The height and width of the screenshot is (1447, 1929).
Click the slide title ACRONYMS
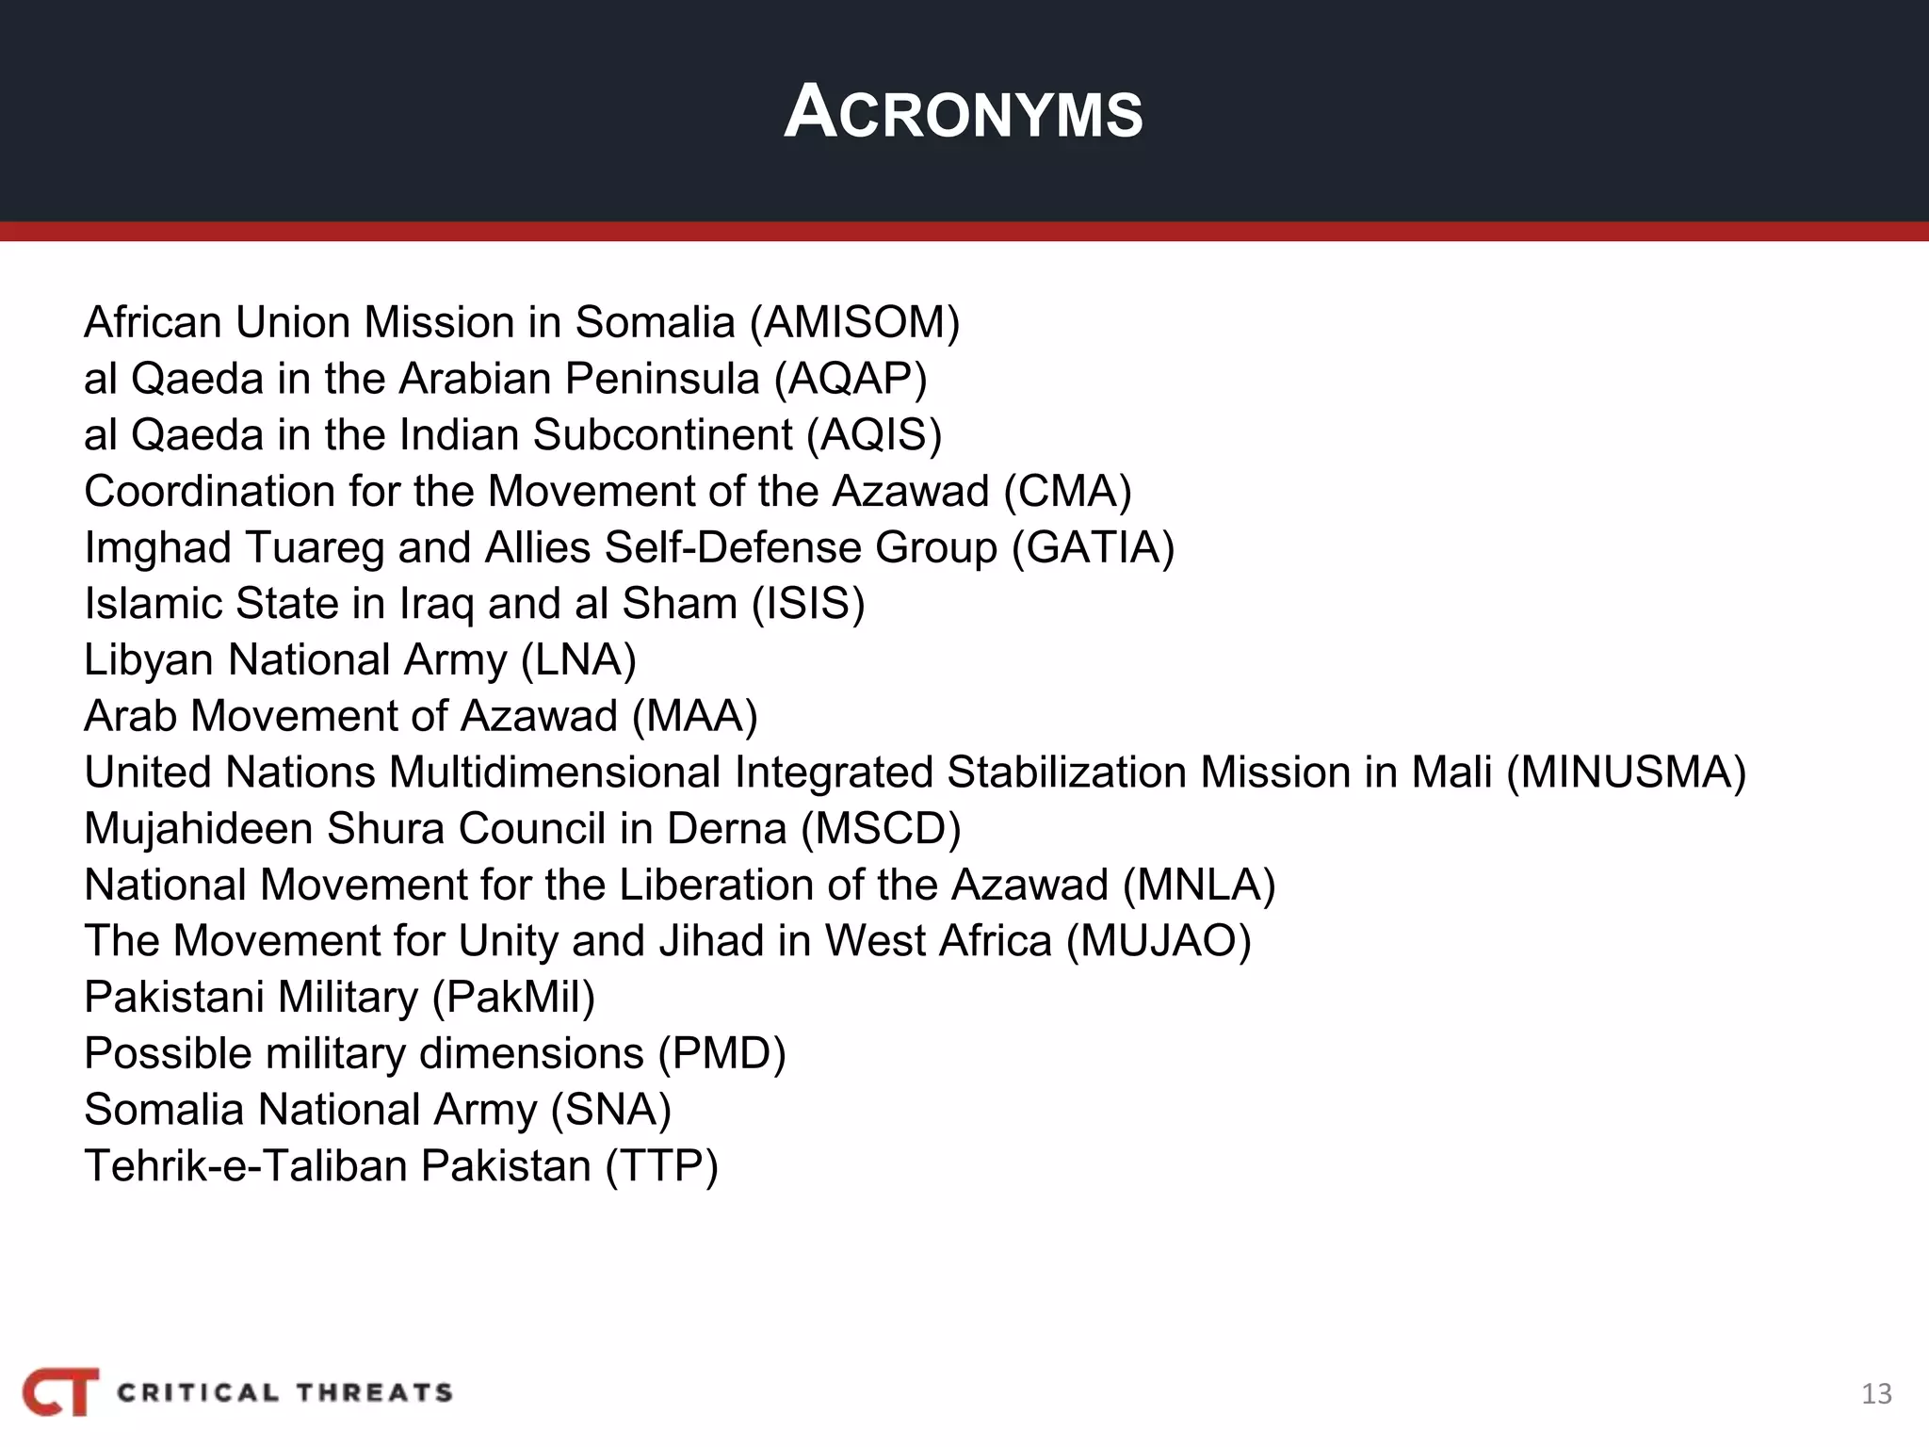coord(963,113)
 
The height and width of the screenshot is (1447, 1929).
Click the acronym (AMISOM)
coord(854,322)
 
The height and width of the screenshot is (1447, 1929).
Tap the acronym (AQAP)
coord(851,379)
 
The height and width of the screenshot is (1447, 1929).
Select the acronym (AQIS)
coord(874,435)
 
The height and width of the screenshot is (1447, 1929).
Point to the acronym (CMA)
coord(1067,492)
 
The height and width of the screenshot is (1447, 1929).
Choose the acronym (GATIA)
coord(1093,547)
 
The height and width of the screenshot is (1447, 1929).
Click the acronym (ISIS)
coord(808,604)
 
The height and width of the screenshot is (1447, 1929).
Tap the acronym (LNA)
coord(578,660)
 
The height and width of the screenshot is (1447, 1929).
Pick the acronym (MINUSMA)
coord(1626,772)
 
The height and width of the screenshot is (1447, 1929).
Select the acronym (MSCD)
coord(881,829)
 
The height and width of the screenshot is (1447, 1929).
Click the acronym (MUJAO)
coord(1159,941)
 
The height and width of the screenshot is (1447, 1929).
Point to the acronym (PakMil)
coord(513,998)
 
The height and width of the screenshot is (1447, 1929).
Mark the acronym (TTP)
coord(661,1166)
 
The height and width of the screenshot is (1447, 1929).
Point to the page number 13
coord(1876,1394)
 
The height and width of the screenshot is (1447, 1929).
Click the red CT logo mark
coord(61,1391)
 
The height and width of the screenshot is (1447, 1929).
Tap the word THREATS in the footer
coord(375,1392)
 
